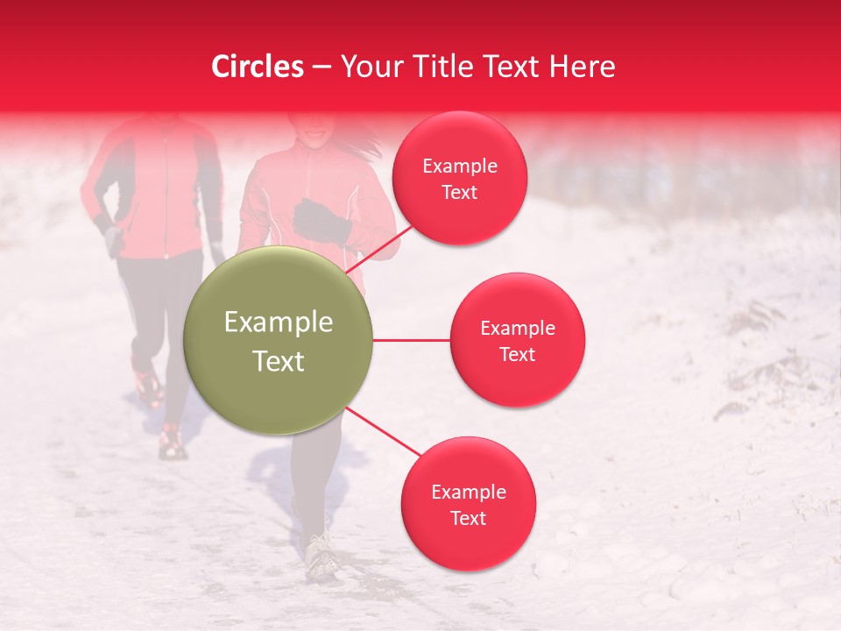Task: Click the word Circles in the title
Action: click(258, 67)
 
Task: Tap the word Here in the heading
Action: click(581, 67)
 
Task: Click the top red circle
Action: click(459, 178)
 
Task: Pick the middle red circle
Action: click(517, 340)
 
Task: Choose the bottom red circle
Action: click(468, 504)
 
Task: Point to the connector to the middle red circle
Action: click(411, 340)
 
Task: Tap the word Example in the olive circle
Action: click(279, 323)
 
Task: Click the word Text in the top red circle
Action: click(459, 192)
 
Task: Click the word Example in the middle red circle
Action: click(517, 328)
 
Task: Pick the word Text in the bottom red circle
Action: click(468, 518)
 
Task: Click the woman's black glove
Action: click(321, 220)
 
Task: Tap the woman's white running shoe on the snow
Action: click(321, 555)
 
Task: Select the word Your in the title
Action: click(366, 67)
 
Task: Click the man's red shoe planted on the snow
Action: click(172, 443)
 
